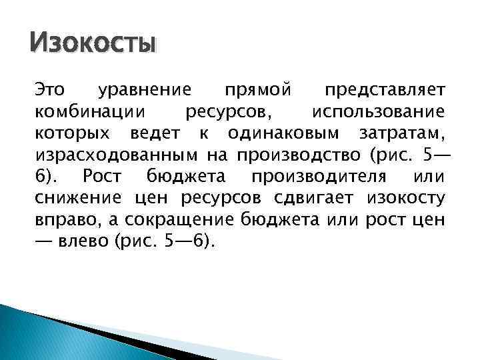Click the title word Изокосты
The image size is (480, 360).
[93, 44]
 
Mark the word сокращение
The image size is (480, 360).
[173, 221]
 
